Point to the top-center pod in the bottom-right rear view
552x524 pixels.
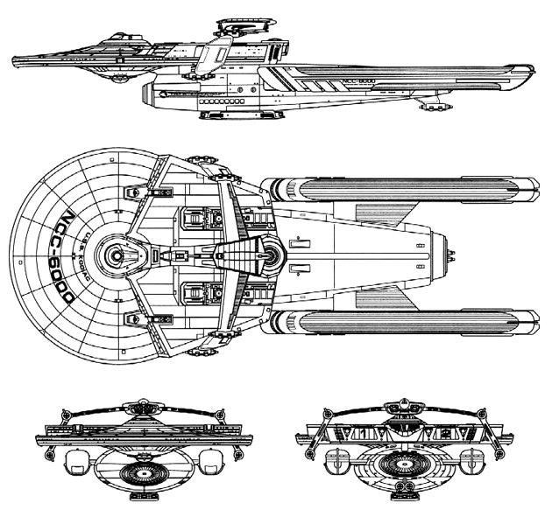[404, 405]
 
